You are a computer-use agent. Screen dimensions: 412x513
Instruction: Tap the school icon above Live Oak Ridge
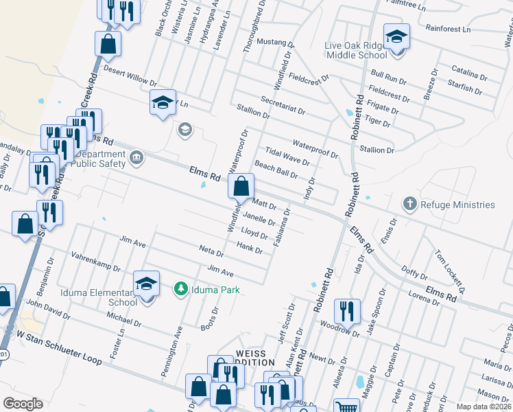(396, 35)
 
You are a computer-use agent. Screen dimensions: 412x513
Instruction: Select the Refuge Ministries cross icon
(409, 204)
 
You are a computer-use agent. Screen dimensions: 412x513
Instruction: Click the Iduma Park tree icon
(181, 289)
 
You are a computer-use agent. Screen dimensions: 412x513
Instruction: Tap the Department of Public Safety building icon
(136, 159)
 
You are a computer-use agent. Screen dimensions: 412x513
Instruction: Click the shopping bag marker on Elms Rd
(241, 186)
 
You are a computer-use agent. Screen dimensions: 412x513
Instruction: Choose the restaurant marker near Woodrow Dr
(347, 310)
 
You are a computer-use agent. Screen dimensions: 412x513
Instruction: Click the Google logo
(23, 404)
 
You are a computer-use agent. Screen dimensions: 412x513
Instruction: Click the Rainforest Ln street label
(448, 30)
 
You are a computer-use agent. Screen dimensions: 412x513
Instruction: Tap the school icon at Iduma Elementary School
(146, 283)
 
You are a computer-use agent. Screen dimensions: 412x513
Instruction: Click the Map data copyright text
(484, 407)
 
